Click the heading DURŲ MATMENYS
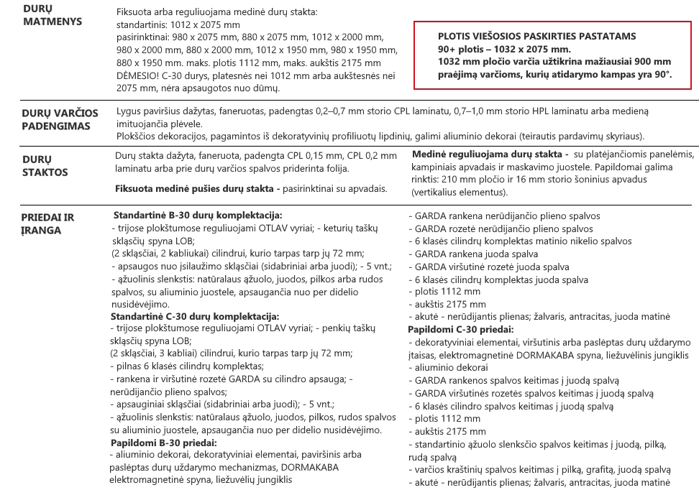[52, 14]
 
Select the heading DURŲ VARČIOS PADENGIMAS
[56, 119]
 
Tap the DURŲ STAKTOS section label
[45, 166]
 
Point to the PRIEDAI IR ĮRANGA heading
[47, 223]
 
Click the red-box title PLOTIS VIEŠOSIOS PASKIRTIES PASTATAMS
[536, 36]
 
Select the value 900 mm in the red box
[654, 61]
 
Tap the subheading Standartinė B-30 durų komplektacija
[198, 216]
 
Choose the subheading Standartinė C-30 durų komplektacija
[195, 316]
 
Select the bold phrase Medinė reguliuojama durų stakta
[487, 154]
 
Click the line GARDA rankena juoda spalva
[476, 254]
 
